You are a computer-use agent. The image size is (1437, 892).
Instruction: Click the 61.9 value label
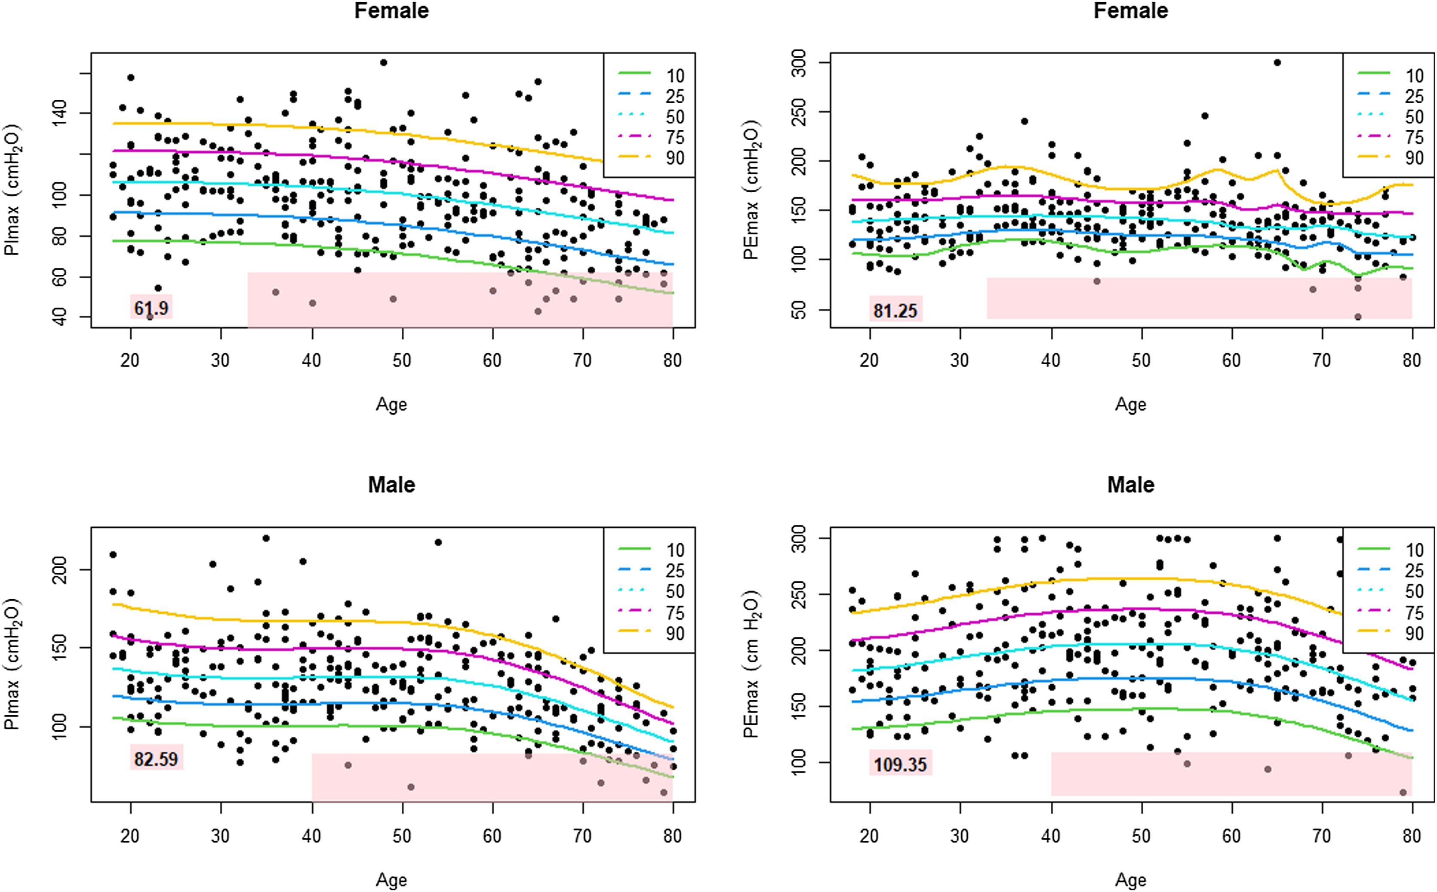151,308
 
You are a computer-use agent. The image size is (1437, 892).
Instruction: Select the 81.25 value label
895,311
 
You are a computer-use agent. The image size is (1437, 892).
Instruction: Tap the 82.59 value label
156,758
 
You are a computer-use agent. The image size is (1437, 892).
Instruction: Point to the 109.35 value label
900,765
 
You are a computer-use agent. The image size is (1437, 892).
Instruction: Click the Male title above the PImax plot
391,485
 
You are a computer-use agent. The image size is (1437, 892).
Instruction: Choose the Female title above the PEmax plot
1130,11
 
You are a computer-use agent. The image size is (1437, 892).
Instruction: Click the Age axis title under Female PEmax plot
1130,405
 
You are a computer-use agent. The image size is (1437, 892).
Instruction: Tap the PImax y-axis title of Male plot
12,664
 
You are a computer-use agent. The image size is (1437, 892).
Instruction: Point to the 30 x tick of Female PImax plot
221,360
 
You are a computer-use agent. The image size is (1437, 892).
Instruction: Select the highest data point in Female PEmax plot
1277,62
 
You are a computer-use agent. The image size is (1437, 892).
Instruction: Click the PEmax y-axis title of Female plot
751,190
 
